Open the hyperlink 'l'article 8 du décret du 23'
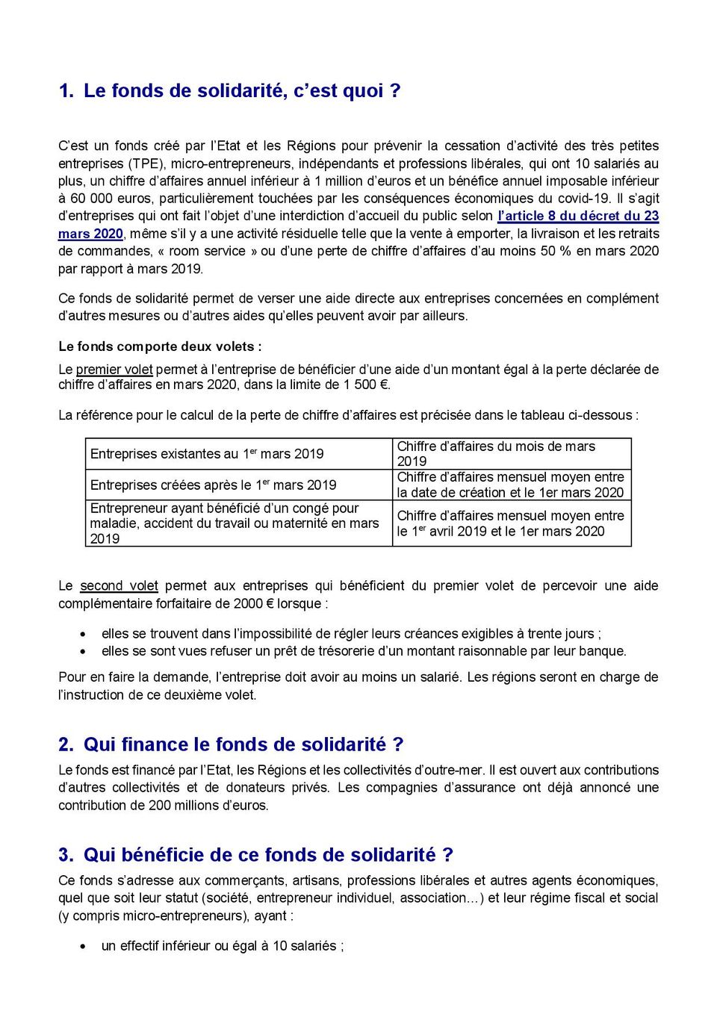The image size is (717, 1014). point(578,216)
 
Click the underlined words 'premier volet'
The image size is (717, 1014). point(114,369)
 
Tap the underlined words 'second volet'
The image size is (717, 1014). point(119,585)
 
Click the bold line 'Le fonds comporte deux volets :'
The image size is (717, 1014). point(160,346)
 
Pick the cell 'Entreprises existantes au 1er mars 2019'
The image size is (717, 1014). point(207,454)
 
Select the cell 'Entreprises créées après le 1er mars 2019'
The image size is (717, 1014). point(213,485)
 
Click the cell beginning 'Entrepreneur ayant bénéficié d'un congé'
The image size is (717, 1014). point(234,523)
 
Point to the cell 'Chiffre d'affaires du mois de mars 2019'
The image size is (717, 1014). point(496,453)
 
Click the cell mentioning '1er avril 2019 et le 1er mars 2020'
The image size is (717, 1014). point(510,523)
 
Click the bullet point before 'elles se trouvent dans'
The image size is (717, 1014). point(84,634)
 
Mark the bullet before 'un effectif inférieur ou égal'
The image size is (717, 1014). point(84,946)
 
